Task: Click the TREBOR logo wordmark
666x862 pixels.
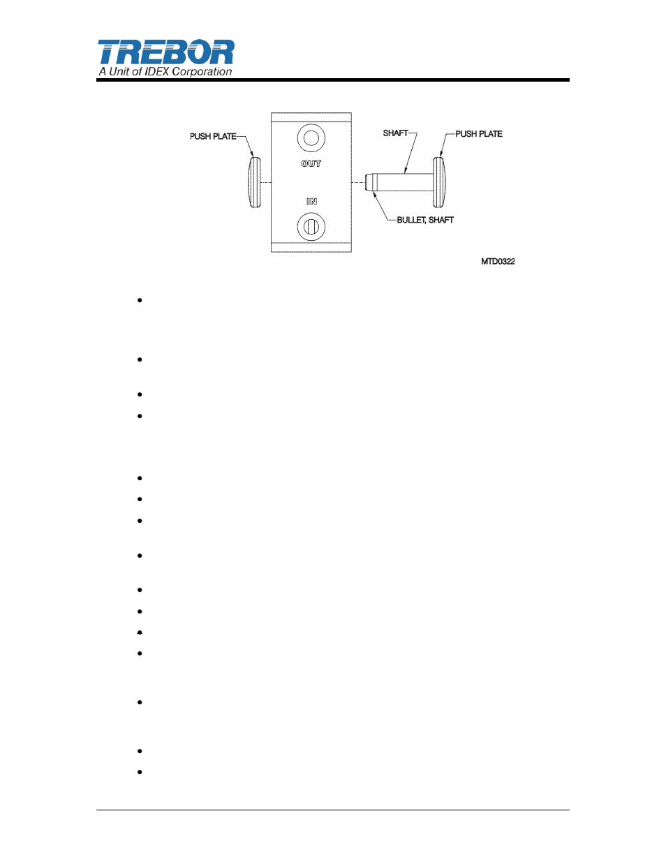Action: click(165, 52)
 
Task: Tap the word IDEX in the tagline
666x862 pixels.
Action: click(157, 71)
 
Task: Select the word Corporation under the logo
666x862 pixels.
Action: click(202, 71)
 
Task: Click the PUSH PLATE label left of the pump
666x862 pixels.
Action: click(213, 136)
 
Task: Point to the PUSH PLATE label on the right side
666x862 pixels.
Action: click(479, 134)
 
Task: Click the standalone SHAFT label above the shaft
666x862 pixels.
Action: click(395, 133)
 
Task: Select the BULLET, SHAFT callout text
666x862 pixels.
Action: click(425, 220)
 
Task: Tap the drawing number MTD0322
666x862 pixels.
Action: click(498, 261)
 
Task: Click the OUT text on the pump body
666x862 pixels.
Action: click(311, 163)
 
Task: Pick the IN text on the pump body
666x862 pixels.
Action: click(311, 201)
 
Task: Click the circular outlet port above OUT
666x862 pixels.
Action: click(311, 138)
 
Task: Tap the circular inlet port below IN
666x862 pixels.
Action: click(311, 227)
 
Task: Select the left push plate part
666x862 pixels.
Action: click(254, 182)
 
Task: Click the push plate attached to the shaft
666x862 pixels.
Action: click(439, 182)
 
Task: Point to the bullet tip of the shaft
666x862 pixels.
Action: click(371, 182)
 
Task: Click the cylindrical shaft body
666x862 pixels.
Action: click(405, 182)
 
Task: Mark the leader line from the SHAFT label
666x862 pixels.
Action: click(411, 151)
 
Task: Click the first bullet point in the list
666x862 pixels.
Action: click(140, 300)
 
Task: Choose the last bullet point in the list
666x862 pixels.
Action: click(140, 772)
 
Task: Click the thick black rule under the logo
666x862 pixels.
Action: click(333, 80)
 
